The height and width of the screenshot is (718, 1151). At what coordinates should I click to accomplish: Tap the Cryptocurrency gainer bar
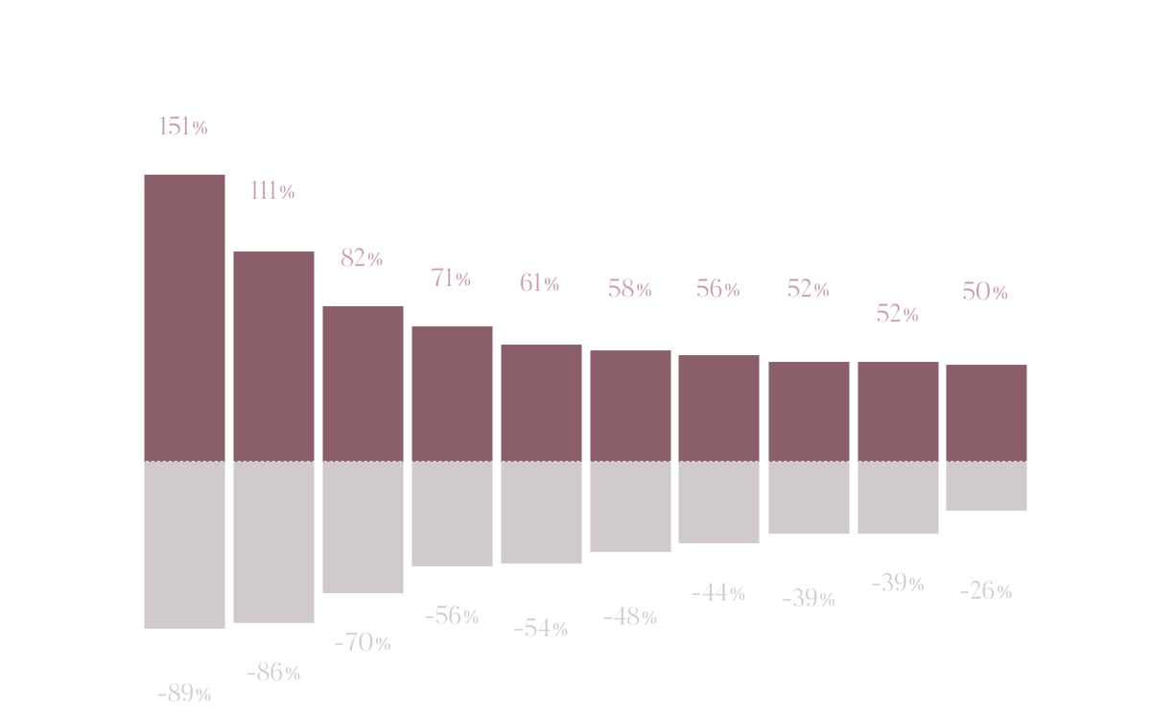(x=184, y=317)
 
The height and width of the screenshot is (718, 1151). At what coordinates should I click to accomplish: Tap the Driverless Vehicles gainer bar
(x=630, y=404)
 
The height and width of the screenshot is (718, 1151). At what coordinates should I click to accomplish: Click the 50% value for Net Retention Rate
(x=985, y=292)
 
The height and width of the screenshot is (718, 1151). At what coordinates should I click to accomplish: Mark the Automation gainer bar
(x=898, y=410)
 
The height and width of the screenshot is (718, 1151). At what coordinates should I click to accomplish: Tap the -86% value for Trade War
(x=273, y=674)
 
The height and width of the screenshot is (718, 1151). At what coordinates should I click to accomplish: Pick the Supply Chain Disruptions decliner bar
(x=986, y=487)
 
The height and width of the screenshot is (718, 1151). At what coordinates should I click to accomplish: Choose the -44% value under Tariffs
(x=718, y=594)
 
